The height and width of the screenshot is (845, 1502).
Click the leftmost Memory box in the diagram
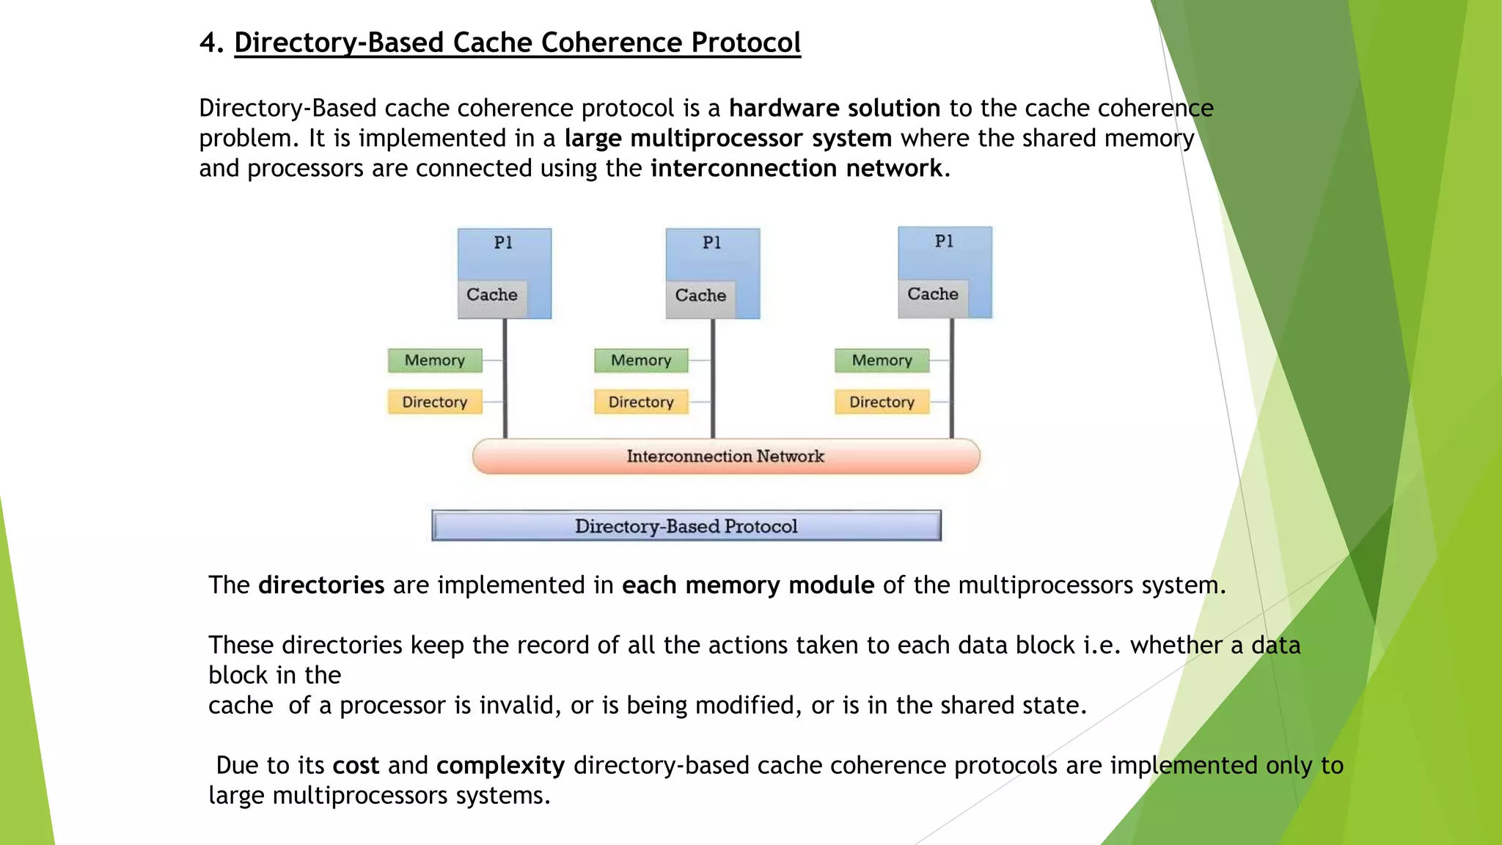pyautogui.click(x=435, y=360)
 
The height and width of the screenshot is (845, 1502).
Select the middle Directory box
pyautogui.click(x=641, y=402)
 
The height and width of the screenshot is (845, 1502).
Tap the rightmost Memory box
pyautogui.click(x=882, y=360)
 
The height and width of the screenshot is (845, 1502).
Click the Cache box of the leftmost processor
pyautogui.click(x=492, y=295)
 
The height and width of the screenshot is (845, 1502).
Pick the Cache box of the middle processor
pyautogui.click(x=700, y=296)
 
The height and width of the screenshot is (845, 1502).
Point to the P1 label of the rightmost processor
pyautogui.click(x=944, y=241)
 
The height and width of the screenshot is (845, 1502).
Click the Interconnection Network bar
pyautogui.click(x=725, y=456)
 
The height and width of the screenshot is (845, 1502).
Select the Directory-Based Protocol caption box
pyautogui.click(x=686, y=526)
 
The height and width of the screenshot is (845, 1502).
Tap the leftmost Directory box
pyautogui.click(x=435, y=402)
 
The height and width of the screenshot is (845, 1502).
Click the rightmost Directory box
pyautogui.click(x=882, y=402)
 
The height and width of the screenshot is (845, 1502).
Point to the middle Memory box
pyautogui.click(x=641, y=360)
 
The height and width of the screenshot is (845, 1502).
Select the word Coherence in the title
pyautogui.click(x=612, y=43)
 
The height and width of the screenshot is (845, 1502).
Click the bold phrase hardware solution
pyautogui.click(x=834, y=108)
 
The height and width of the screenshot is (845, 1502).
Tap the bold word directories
pyautogui.click(x=321, y=585)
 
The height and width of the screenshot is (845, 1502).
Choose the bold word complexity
pyautogui.click(x=500, y=765)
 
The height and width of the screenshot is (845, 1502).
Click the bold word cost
pyautogui.click(x=356, y=765)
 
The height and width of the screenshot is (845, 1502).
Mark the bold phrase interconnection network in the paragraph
pyautogui.click(x=796, y=168)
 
